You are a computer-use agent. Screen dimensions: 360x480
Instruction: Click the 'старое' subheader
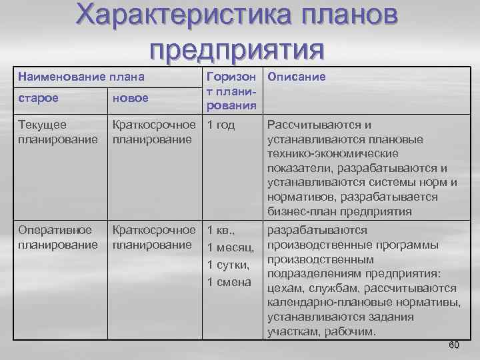[38, 98]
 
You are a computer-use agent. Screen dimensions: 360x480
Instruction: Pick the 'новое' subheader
[131, 98]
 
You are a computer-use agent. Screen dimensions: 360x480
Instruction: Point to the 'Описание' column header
[297, 77]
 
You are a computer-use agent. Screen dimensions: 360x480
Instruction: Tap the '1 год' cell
[221, 125]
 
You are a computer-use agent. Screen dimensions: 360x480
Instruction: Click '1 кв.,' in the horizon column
[221, 231]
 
